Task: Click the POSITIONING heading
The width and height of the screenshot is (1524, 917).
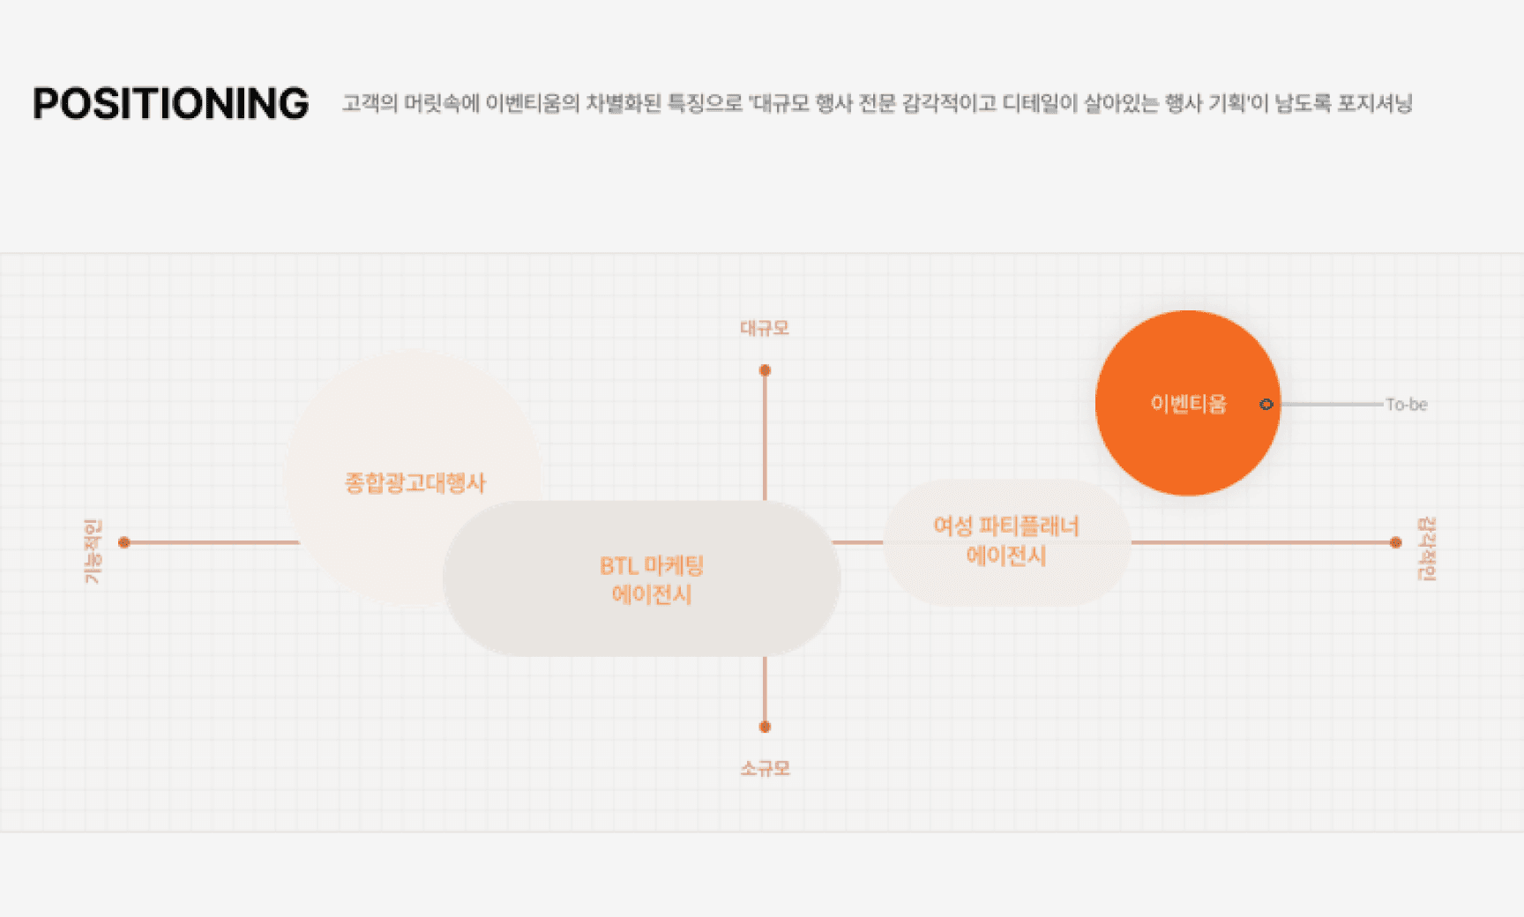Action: pos(170,104)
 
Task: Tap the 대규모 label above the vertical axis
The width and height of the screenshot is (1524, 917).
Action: pos(765,328)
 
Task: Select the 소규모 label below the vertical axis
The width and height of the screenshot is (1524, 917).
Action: pos(765,769)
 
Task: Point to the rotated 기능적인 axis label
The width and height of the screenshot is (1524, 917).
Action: pos(93,551)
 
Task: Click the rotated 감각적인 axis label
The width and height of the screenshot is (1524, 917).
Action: pos(1426,548)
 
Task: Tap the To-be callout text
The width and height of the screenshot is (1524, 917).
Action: pos(1406,405)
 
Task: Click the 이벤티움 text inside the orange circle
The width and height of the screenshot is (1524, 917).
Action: pos(1188,404)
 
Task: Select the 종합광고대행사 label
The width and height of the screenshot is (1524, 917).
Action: pos(415,483)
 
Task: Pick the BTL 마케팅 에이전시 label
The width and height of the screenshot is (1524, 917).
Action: pos(652,579)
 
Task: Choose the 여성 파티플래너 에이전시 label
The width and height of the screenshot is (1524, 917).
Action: pos(1006,541)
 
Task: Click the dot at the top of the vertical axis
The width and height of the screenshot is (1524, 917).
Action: pos(765,370)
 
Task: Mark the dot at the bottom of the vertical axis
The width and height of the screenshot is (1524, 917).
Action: pos(765,727)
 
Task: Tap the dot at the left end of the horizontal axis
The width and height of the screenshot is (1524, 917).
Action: pos(124,542)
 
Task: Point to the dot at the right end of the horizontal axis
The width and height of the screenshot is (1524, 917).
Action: pos(1395,542)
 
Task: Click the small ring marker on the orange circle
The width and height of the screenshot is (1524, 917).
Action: pos(1266,404)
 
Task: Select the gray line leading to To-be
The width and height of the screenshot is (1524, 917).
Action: pos(1332,404)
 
